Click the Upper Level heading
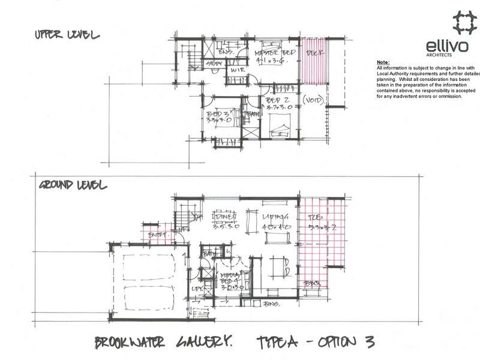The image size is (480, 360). [x=66, y=35]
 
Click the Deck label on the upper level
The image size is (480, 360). [x=314, y=53]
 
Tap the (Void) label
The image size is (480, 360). [x=314, y=99]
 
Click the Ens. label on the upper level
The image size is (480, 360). [x=226, y=52]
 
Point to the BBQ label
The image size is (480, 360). [x=311, y=282]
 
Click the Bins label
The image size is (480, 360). [x=272, y=305]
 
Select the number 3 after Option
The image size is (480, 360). [x=368, y=343]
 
